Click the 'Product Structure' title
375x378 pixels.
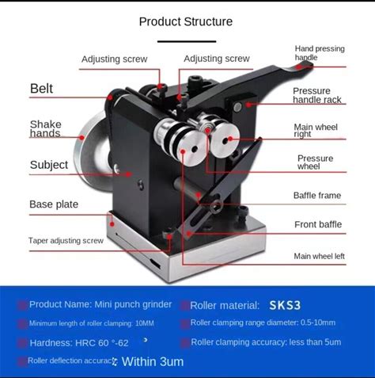point(186,21)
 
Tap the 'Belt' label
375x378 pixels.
point(41,89)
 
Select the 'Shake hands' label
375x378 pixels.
point(46,128)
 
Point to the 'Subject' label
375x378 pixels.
point(49,165)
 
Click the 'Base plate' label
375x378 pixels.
point(54,204)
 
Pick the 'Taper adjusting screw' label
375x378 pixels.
point(66,241)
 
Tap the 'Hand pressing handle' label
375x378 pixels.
point(320,53)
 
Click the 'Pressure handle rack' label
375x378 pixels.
point(317,95)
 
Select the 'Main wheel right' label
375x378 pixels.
point(316,130)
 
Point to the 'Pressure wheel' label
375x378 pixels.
point(316,162)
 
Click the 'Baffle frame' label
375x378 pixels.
point(317,196)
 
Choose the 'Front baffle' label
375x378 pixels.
point(318,224)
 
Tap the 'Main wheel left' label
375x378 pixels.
point(320,256)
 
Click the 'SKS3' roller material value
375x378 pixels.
point(285,305)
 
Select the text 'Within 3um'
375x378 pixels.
point(153,361)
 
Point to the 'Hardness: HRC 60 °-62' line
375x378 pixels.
point(79,343)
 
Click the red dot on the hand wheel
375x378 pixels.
point(82,137)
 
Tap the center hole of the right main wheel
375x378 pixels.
point(225,141)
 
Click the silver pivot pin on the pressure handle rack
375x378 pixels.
point(237,107)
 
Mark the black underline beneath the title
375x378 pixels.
point(187,41)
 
